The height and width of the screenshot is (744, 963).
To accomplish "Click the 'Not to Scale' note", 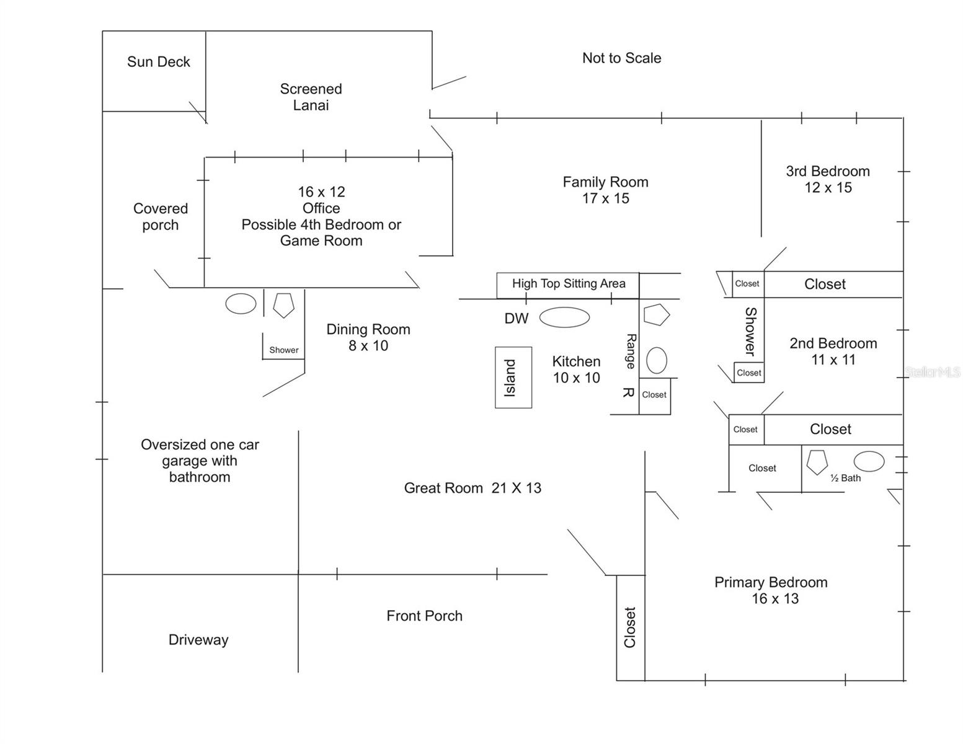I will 621,58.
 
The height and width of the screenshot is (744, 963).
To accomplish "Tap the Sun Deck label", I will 158,62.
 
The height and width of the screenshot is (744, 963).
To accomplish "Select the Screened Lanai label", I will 311,97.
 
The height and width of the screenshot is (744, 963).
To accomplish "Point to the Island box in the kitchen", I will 513,378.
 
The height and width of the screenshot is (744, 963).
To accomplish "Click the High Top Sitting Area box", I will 568,285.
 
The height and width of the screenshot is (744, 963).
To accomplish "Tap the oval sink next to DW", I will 564,317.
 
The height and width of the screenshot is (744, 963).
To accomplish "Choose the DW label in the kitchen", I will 516,319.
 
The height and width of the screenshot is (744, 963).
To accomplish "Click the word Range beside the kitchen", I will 631,352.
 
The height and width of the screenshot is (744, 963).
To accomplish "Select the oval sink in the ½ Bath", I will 869,461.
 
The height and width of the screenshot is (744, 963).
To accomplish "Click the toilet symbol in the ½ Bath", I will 817,462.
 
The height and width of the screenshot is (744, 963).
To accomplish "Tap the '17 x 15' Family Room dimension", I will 605,199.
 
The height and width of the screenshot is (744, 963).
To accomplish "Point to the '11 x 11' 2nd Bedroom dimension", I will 833,360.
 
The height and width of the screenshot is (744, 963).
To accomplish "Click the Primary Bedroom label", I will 771,583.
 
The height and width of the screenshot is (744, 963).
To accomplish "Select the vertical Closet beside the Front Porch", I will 630,627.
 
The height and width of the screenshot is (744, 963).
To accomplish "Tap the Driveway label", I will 198,640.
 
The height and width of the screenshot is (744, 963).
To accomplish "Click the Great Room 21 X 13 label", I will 473,489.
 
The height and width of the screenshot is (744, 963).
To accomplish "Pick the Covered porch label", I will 161,217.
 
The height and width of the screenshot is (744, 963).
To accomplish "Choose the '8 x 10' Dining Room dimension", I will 368,346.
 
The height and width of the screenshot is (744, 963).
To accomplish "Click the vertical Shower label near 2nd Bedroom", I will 750,332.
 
